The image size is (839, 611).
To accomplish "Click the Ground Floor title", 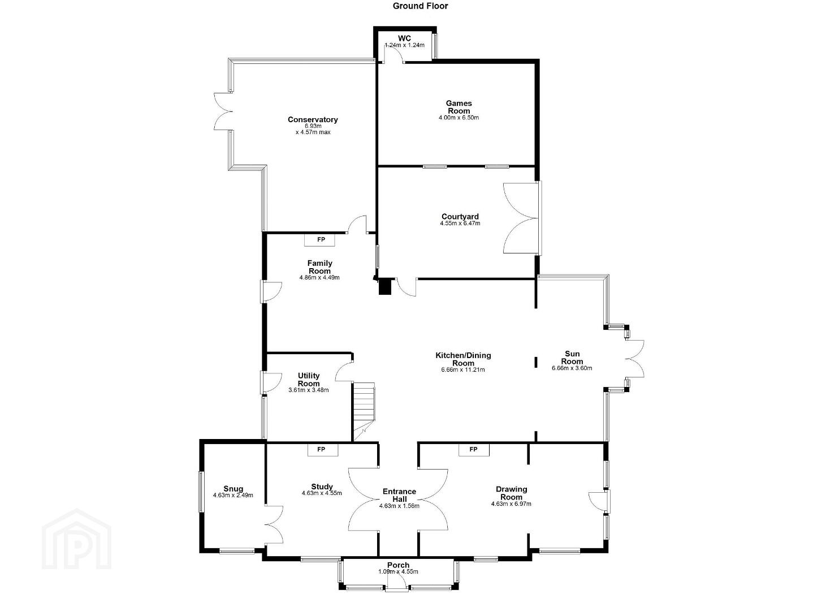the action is point(420,6).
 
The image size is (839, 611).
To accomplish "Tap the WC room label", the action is point(404,38).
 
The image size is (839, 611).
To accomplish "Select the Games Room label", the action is point(459,107).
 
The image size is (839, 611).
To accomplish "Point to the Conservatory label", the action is point(313,119).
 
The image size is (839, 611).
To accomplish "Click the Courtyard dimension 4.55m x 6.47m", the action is point(460,223).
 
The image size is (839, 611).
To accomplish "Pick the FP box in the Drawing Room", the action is point(474,449).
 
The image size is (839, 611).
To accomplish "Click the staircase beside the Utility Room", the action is point(364,411).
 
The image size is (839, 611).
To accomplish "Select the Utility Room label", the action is point(309,380).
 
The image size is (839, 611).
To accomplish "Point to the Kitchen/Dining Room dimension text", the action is point(463,369).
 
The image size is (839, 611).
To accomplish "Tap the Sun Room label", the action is point(572,358).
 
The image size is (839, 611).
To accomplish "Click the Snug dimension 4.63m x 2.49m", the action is point(233,495).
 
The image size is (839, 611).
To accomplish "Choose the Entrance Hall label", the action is point(399,495).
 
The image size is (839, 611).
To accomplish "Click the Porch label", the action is point(398,565).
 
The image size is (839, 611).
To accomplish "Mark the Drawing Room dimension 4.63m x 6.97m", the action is point(511,504).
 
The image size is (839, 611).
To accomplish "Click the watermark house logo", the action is point(77,539).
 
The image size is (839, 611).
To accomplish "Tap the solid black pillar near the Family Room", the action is point(385,287).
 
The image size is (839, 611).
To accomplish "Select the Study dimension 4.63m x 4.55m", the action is point(322,493).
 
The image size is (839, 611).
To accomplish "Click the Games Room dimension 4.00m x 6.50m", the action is point(459,118).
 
